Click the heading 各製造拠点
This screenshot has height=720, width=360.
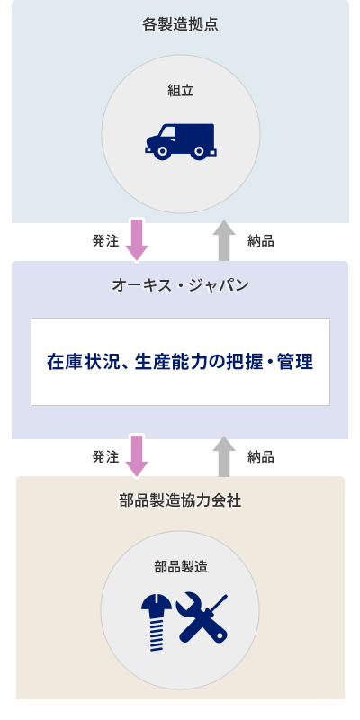click(180, 24)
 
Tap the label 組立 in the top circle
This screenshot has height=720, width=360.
click(181, 91)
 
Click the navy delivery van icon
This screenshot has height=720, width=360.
click(181, 142)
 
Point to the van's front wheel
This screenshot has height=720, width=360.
click(162, 150)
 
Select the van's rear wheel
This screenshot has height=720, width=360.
click(199, 150)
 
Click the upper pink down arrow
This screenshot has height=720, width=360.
click(137, 240)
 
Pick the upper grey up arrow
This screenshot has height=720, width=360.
click(224, 240)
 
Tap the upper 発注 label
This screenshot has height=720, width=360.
click(105, 241)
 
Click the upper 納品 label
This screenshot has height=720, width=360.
click(261, 241)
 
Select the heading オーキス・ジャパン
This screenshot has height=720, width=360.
click(180, 285)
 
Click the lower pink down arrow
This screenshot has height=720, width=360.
click(137, 456)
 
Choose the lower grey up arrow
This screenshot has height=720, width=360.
click(224, 456)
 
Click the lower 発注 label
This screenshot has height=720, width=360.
click(105, 457)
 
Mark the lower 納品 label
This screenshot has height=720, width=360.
click(261, 457)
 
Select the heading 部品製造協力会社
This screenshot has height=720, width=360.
click(180, 500)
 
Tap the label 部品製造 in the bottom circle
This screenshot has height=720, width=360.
click(181, 567)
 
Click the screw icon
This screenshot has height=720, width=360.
click(156, 623)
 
